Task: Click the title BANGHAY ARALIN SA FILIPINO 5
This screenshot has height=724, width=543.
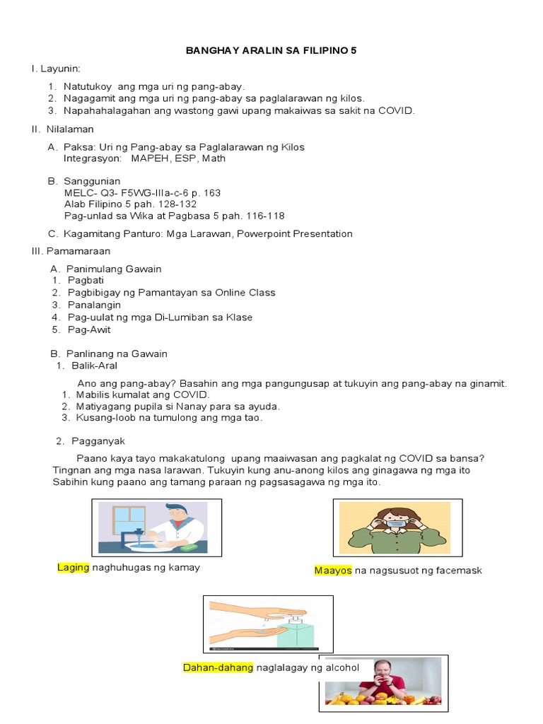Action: [271, 51]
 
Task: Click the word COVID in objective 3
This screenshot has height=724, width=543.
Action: [397, 110]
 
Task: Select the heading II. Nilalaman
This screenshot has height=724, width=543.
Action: [62, 129]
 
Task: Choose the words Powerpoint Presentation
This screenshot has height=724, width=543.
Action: [295, 234]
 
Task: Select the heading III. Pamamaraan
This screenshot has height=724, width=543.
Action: [70, 251]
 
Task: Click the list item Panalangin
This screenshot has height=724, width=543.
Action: [94, 305]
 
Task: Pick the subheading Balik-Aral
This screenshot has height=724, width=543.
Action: [94, 366]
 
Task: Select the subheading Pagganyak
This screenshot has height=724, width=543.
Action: [98, 441]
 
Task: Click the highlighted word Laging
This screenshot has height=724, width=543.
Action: [74, 567]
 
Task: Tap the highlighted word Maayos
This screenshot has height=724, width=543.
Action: [333, 570]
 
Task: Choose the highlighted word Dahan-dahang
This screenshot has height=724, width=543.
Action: [218, 667]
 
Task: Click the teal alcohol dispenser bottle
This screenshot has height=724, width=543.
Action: [296, 634]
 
